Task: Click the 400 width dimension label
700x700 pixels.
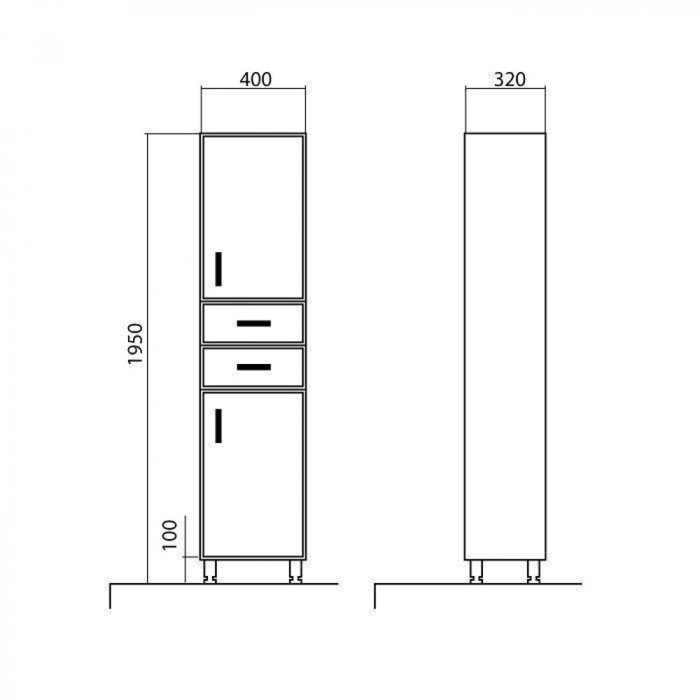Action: (255, 80)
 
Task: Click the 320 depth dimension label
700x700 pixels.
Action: (510, 80)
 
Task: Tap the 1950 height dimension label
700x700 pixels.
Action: (135, 344)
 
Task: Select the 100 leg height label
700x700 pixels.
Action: (169, 535)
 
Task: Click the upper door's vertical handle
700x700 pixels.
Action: (218, 269)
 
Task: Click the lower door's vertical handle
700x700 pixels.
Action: (218, 426)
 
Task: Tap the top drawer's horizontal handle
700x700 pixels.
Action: (253, 323)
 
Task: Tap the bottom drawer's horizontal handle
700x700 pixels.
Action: (253, 367)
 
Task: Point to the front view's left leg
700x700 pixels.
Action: (210, 571)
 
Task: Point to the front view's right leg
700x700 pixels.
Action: (295, 571)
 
